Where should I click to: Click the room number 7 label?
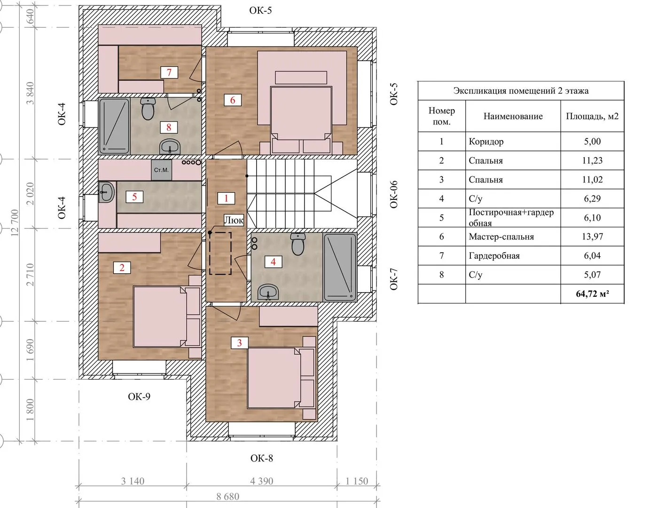pos(169,72)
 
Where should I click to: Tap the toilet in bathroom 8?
pos(148,108)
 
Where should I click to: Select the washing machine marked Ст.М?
pos(161,170)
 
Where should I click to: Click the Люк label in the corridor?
pos(234,220)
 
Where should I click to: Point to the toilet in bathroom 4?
pos(298,244)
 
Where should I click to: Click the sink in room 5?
pos(107,191)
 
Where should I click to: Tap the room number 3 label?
pos(239,343)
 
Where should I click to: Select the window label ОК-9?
pos(139,397)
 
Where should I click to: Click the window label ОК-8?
pos(262,458)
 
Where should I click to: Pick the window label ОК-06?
pos(394,194)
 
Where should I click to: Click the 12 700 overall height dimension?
pos(15,222)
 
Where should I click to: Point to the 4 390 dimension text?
pos(262,481)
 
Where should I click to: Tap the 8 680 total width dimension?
pos(228,497)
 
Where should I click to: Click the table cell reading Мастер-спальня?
pos(501,237)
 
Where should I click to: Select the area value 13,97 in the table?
pos(592,237)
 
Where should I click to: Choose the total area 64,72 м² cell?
pos(593,294)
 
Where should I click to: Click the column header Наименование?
pos(513,116)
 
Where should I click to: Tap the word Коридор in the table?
pos(486,141)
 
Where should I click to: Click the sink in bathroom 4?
pos(268,291)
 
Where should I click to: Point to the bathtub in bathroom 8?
pos(114,126)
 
